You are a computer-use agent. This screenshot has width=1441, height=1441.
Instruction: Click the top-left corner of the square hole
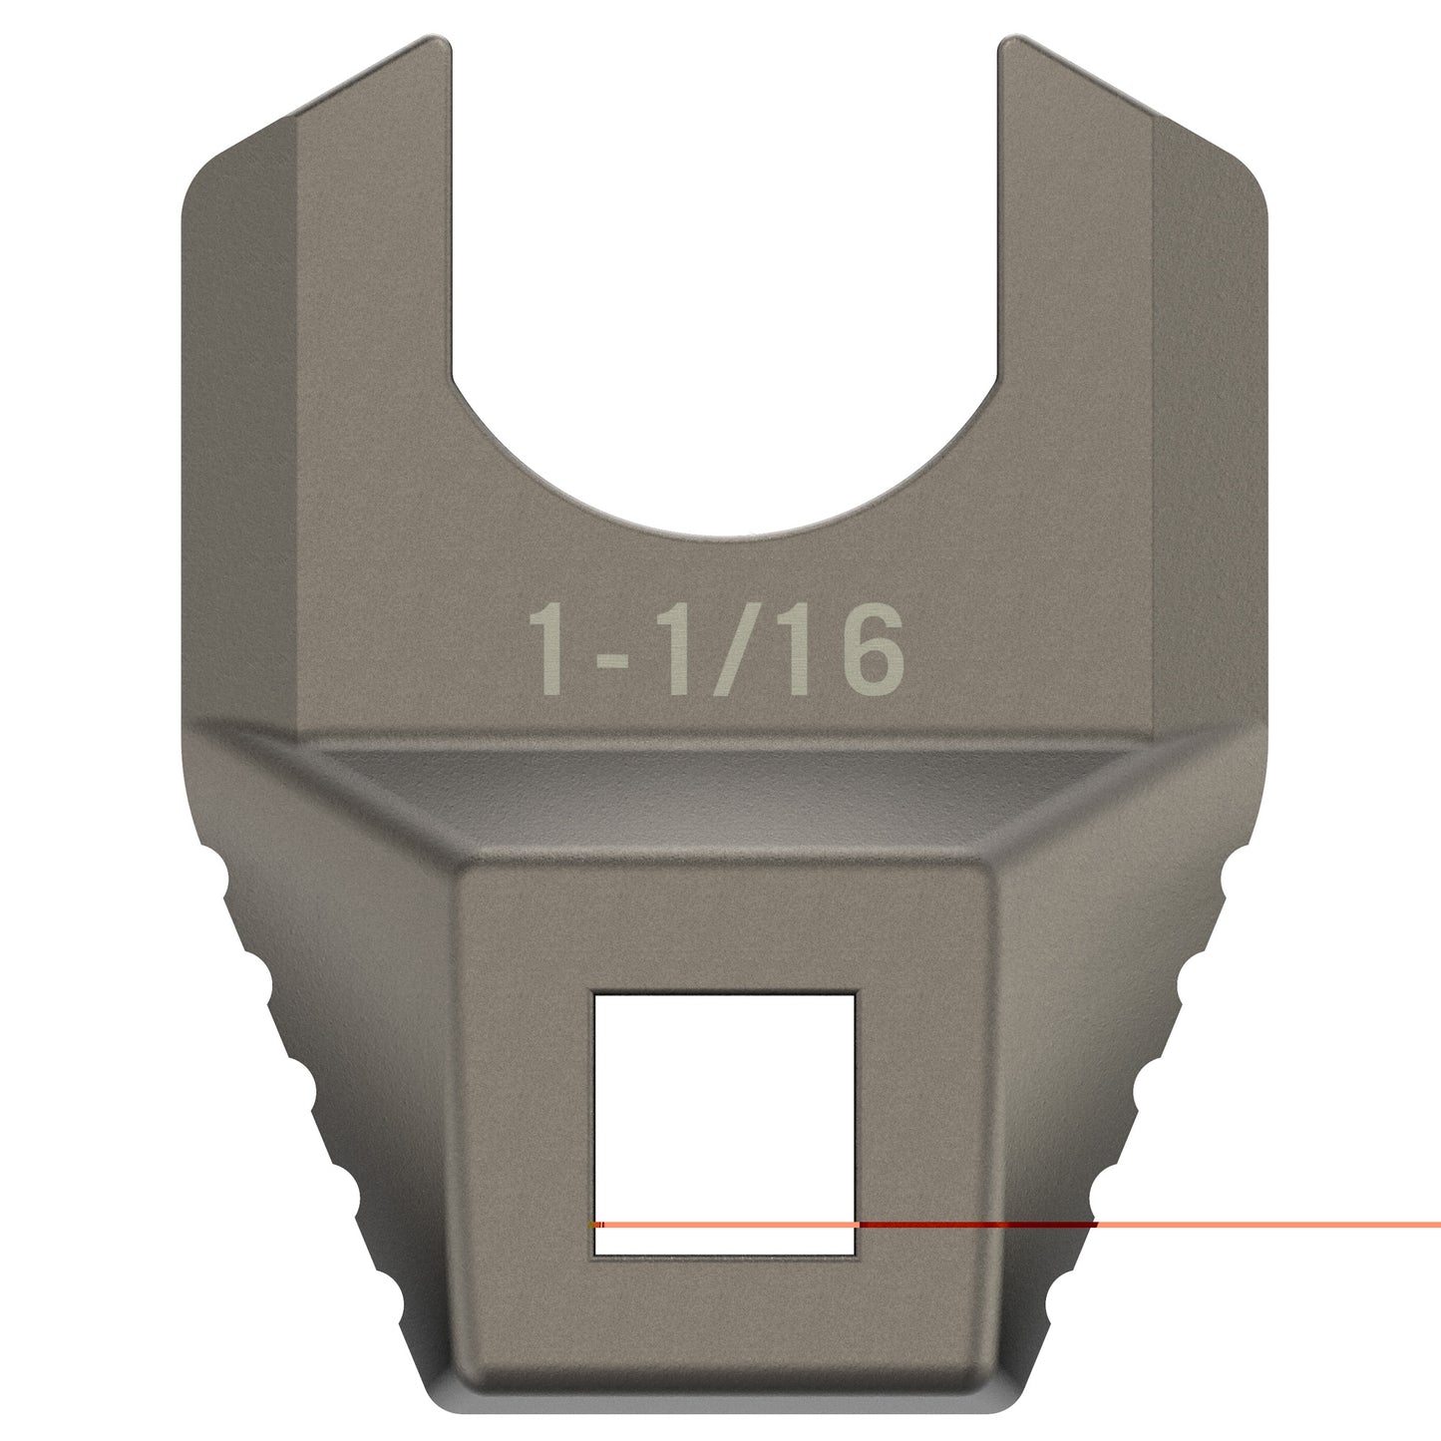tap(595, 994)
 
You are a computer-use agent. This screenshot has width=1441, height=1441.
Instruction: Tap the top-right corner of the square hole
tap(856, 994)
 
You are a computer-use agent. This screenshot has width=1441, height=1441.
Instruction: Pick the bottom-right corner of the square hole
tap(856, 1255)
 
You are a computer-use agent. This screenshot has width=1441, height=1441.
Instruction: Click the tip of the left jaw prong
tap(434, 42)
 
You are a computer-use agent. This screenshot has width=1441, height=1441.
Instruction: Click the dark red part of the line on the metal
tap(977, 1224)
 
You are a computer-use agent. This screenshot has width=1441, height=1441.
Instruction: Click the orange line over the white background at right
tap(1296, 1224)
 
